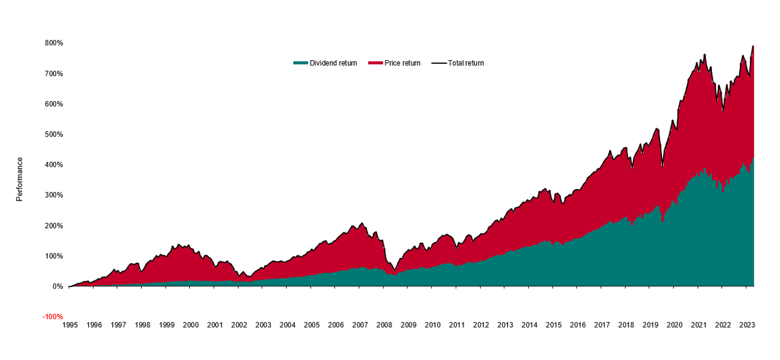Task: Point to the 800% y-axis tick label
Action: pyautogui.click(x=54, y=43)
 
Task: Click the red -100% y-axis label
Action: pyautogui.click(x=53, y=317)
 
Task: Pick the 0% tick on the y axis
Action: pyautogui.click(x=58, y=286)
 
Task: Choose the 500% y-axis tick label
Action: pyautogui.click(x=54, y=134)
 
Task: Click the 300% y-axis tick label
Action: pyautogui.click(x=54, y=195)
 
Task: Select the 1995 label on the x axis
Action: pyautogui.click(x=70, y=325)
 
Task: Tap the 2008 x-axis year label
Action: pyautogui.click(x=384, y=325)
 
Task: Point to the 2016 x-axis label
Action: pyautogui.click(x=577, y=325)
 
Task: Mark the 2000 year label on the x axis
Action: pyautogui.click(x=190, y=325)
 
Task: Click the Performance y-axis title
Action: pyautogui.click(x=19, y=179)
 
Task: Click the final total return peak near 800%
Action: pyautogui.click(x=753, y=46)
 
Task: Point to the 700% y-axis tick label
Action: pyautogui.click(x=54, y=74)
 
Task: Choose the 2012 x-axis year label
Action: pyautogui.click(x=481, y=325)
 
